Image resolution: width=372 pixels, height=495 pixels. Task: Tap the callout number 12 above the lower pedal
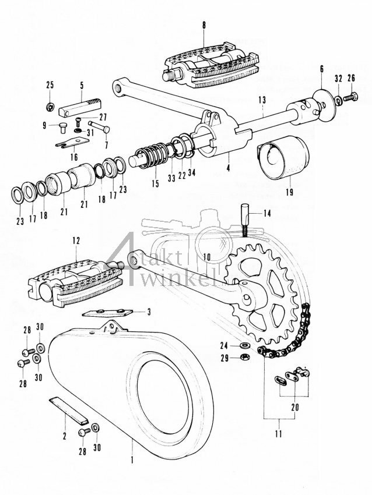pyautogui.click(x=76, y=241)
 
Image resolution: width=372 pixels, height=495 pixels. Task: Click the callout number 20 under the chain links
pyautogui.click(x=294, y=408)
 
